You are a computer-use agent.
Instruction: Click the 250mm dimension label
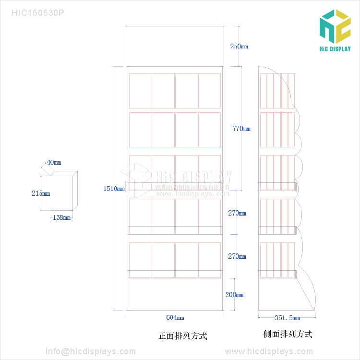coord(239,47)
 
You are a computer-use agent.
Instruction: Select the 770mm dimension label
coord(241,129)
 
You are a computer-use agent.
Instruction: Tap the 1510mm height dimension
coord(114,189)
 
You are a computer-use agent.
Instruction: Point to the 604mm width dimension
coord(175,317)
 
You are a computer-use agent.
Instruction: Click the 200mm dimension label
coord(235,295)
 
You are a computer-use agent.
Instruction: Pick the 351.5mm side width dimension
coord(287,318)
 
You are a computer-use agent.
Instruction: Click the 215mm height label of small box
coord(41,193)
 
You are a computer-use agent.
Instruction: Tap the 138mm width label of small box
coord(61,217)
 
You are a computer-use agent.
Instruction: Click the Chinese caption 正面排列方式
coord(183,336)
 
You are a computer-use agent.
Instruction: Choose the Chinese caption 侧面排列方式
coord(288,334)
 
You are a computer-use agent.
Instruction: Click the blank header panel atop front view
coord(175,46)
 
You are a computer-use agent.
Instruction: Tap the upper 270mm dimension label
coord(237,213)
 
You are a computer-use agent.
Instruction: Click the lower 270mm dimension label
coord(237,256)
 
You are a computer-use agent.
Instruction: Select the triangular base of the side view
coord(307,293)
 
